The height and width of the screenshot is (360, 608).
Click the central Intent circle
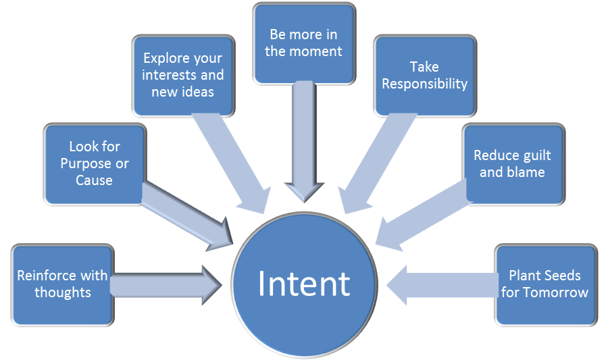tap(303, 284)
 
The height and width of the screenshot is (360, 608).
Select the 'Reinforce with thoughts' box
tap(63, 284)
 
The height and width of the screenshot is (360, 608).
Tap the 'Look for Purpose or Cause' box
tap(94, 163)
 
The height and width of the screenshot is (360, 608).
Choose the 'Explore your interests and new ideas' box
tap(183, 76)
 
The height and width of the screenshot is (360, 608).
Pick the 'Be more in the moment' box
tap(303, 42)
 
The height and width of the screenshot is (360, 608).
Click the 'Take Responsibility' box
tap(424, 76)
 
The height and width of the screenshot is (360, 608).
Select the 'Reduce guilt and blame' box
tap(513, 163)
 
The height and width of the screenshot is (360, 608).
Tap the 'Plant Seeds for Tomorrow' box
tap(545, 284)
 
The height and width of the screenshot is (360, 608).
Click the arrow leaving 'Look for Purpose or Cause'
tap(186, 213)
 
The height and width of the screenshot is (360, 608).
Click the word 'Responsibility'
tap(424, 84)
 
